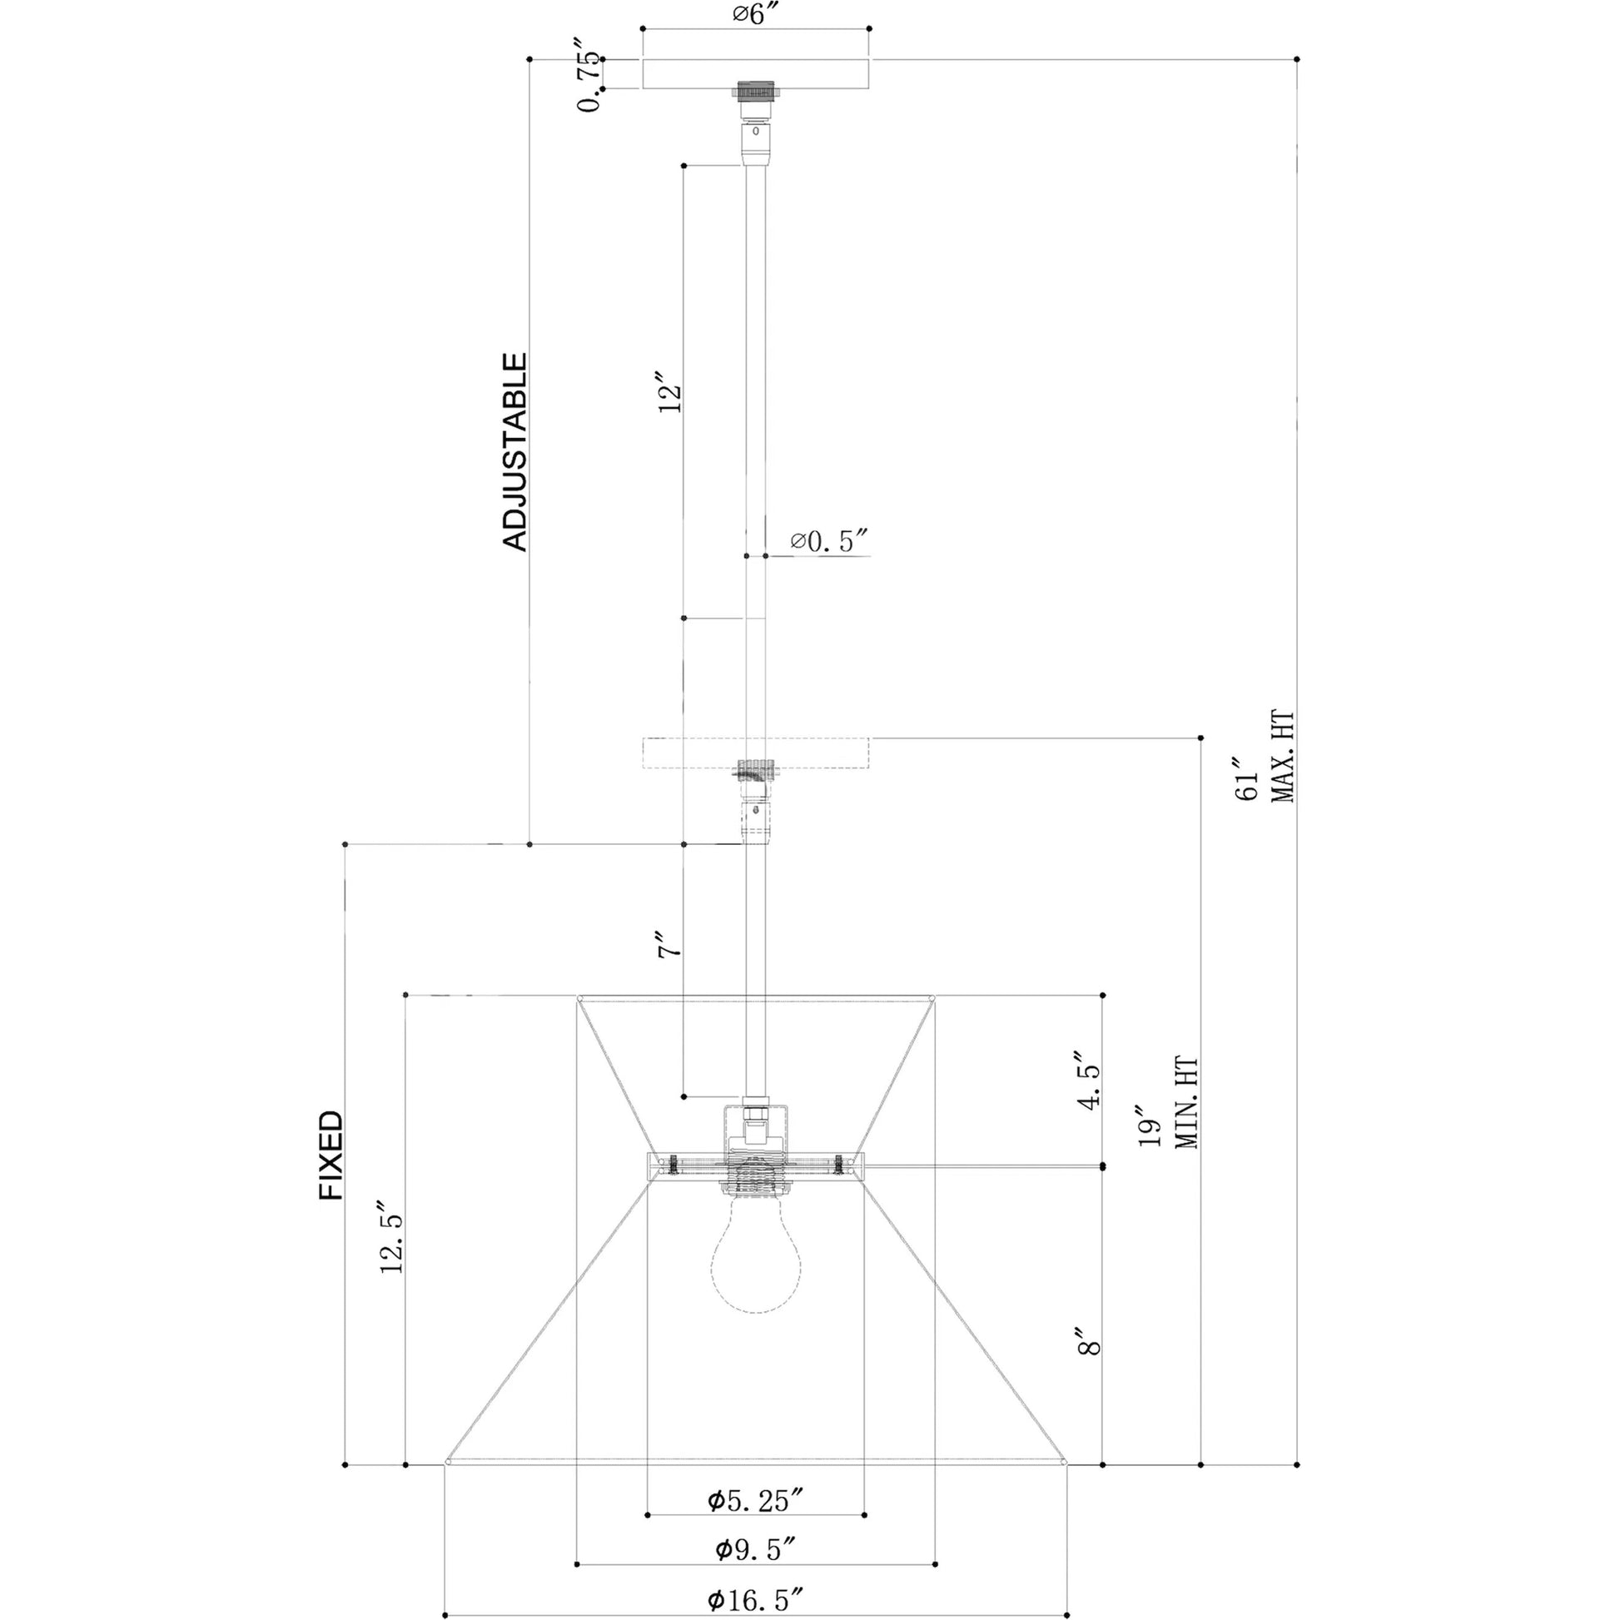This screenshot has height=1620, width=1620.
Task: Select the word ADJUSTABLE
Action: coord(514,452)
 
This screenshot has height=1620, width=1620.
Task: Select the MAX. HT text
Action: coord(1283,758)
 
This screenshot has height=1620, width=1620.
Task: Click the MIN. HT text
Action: coord(1186,1104)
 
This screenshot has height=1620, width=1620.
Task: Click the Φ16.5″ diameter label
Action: coord(757,1600)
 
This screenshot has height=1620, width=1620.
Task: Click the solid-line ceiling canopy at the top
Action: coord(756,74)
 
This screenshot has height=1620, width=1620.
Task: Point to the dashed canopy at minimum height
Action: coord(756,753)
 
